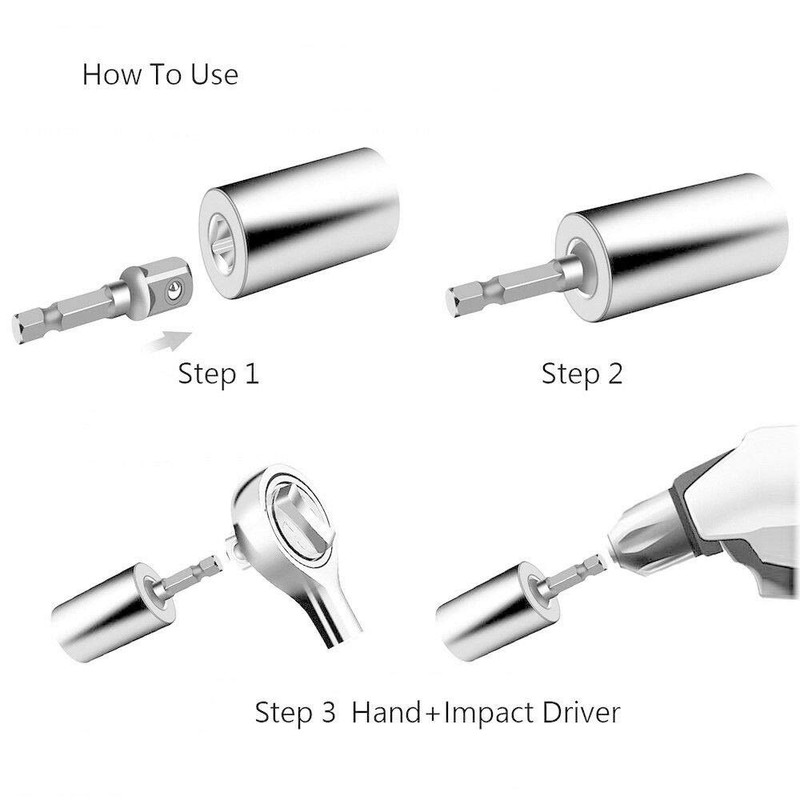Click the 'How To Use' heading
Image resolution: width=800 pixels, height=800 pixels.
point(160,75)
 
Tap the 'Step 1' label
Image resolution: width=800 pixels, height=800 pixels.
point(218,374)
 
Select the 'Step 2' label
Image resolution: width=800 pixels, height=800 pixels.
point(581,374)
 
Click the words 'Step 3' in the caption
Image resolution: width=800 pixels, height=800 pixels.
point(295,714)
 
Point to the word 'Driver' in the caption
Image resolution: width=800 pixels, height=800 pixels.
point(575,714)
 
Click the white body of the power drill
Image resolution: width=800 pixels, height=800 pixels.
point(750,500)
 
